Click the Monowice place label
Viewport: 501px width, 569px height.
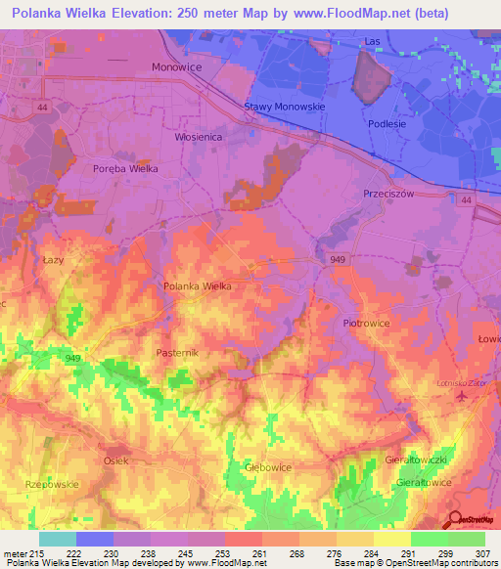[177, 67]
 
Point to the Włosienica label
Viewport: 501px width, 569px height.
[202, 138]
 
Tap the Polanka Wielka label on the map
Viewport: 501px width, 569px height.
[198, 285]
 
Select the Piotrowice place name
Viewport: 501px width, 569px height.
[367, 322]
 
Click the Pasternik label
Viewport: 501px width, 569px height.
[177, 351]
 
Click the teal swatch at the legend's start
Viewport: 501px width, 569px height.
[57, 538]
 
